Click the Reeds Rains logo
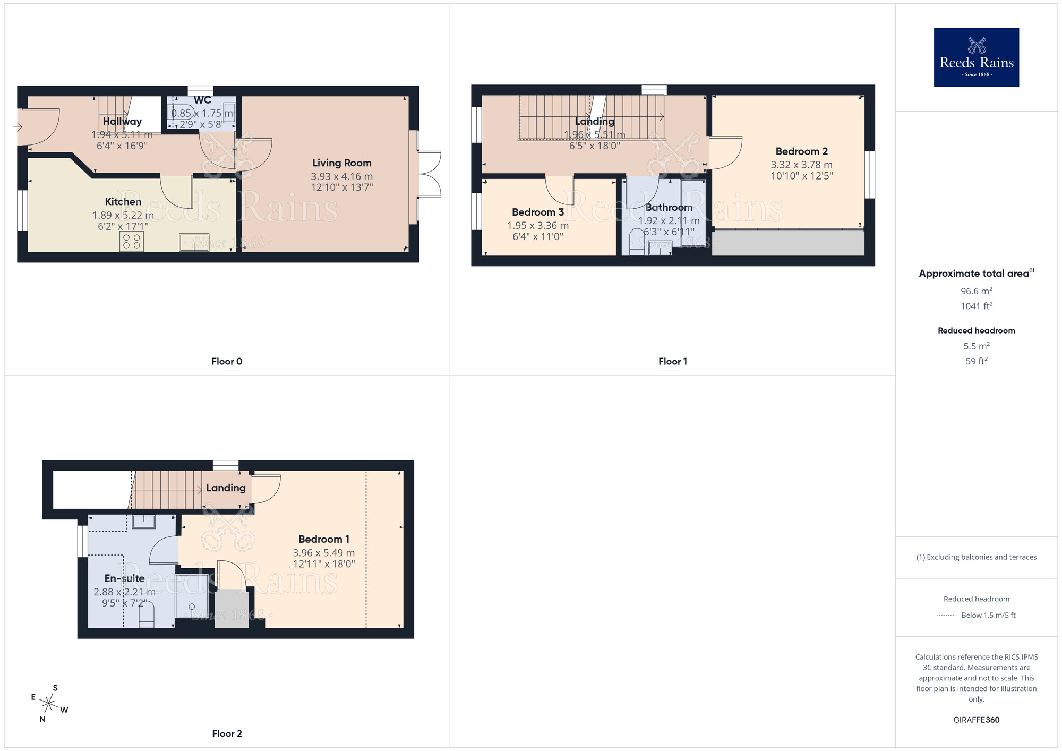pyautogui.click(x=976, y=57)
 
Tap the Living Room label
pyautogui.click(x=341, y=163)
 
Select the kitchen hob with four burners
pyautogui.click(x=132, y=242)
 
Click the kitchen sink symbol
pyautogui.click(x=194, y=242)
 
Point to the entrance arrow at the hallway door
pyautogui.click(x=18, y=127)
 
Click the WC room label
pyautogui.click(x=202, y=100)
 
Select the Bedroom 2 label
pyautogui.click(x=801, y=151)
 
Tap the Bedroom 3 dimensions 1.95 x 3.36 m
pyautogui.click(x=537, y=226)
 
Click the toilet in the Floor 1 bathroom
pyautogui.click(x=636, y=242)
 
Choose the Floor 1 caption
pyautogui.click(x=672, y=362)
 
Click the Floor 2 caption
pyautogui.click(x=227, y=733)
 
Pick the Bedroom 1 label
pyautogui.click(x=323, y=539)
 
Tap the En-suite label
pyautogui.click(x=124, y=578)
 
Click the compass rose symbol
pyautogui.click(x=48, y=704)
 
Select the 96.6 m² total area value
pyautogui.click(x=976, y=291)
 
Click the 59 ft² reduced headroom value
pyautogui.click(x=976, y=361)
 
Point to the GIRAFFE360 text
pyautogui.click(x=976, y=720)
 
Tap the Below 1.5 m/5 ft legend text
pyautogui.click(x=988, y=615)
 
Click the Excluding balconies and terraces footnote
pyautogui.click(x=976, y=557)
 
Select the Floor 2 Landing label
pyautogui.click(x=226, y=488)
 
